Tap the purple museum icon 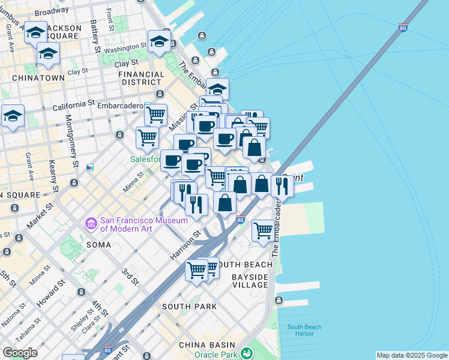pos(91,224)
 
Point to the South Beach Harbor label pos(304,331)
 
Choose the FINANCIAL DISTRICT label pos(142,79)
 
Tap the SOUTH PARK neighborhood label pos(189,307)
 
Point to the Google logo pos(20,353)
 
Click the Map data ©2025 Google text pos(412,355)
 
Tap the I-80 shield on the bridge pos(403,28)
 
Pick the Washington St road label pos(125,47)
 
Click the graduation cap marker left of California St pos(12,115)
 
